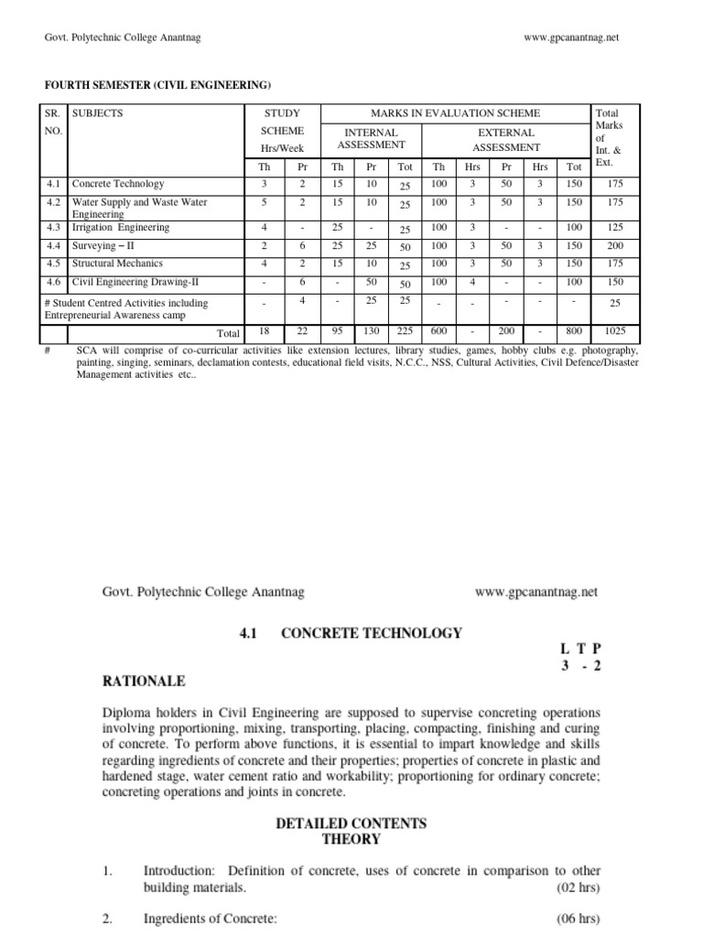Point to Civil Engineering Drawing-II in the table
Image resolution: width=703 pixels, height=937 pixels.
click(129, 283)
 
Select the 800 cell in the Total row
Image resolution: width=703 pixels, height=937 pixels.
click(573, 333)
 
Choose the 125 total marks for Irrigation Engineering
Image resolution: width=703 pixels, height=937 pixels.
click(617, 228)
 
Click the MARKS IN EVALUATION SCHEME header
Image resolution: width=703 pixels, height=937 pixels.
click(455, 113)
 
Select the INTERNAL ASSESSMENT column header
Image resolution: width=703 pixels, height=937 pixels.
click(371, 139)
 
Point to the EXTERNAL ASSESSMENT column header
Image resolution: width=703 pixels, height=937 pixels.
click(506, 139)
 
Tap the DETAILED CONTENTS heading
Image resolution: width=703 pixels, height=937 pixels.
click(351, 824)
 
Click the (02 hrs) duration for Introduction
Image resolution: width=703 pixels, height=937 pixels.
click(579, 888)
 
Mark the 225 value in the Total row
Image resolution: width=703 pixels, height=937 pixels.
click(405, 333)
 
